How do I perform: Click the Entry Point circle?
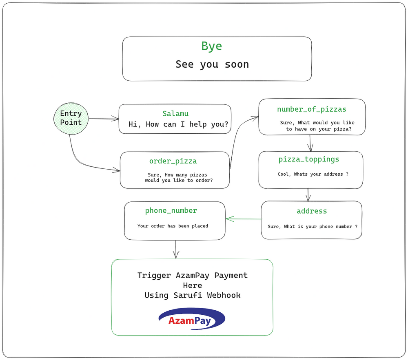click(x=71, y=119)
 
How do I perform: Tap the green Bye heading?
click(x=211, y=46)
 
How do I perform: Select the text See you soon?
click(x=212, y=64)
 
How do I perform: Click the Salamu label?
click(x=175, y=114)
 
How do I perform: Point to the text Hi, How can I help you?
click(x=178, y=124)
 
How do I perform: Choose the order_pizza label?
click(x=173, y=161)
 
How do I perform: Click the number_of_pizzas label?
click(x=311, y=109)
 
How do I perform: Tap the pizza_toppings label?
click(x=309, y=159)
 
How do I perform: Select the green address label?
click(x=312, y=211)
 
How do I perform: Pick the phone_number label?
click(x=171, y=210)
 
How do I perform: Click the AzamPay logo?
click(x=192, y=319)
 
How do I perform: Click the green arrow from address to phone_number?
click(x=244, y=219)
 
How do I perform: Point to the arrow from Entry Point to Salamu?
click(x=104, y=119)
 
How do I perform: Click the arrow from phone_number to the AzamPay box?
click(x=176, y=250)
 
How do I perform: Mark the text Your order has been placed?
click(x=173, y=226)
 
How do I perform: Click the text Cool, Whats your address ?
click(x=313, y=174)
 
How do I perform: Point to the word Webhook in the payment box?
click(x=224, y=295)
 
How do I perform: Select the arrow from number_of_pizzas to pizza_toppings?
click(x=310, y=143)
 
